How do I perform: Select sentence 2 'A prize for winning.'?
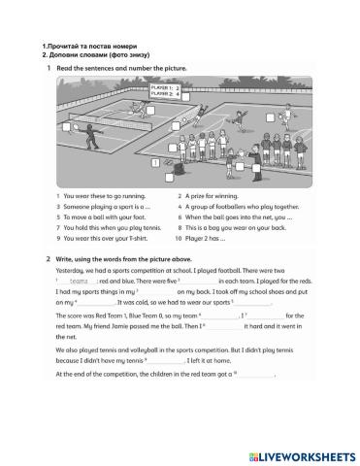tap(210, 197)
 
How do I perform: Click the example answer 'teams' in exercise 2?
tap(79, 280)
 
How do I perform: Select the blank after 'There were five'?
tap(205, 280)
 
